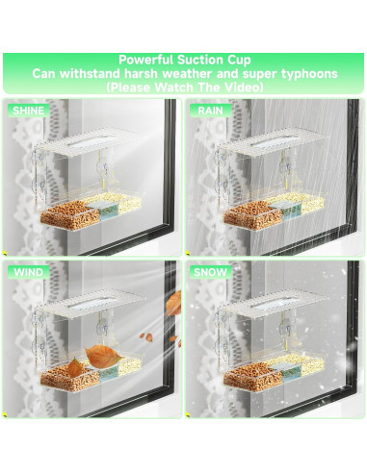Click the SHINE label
click(x=28, y=111)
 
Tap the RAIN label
click(x=210, y=111)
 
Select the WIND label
click(x=28, y=272)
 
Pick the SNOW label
click(x=210, y=272)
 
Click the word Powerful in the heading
click(x=146, y=60)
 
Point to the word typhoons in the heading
click(x=309, y=74)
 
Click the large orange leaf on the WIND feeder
click(x=103, y=357)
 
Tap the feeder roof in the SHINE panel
click(x=91, y=142)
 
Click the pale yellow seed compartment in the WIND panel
click(x=130, y=365)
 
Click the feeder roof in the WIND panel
click(x=91, y=304)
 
